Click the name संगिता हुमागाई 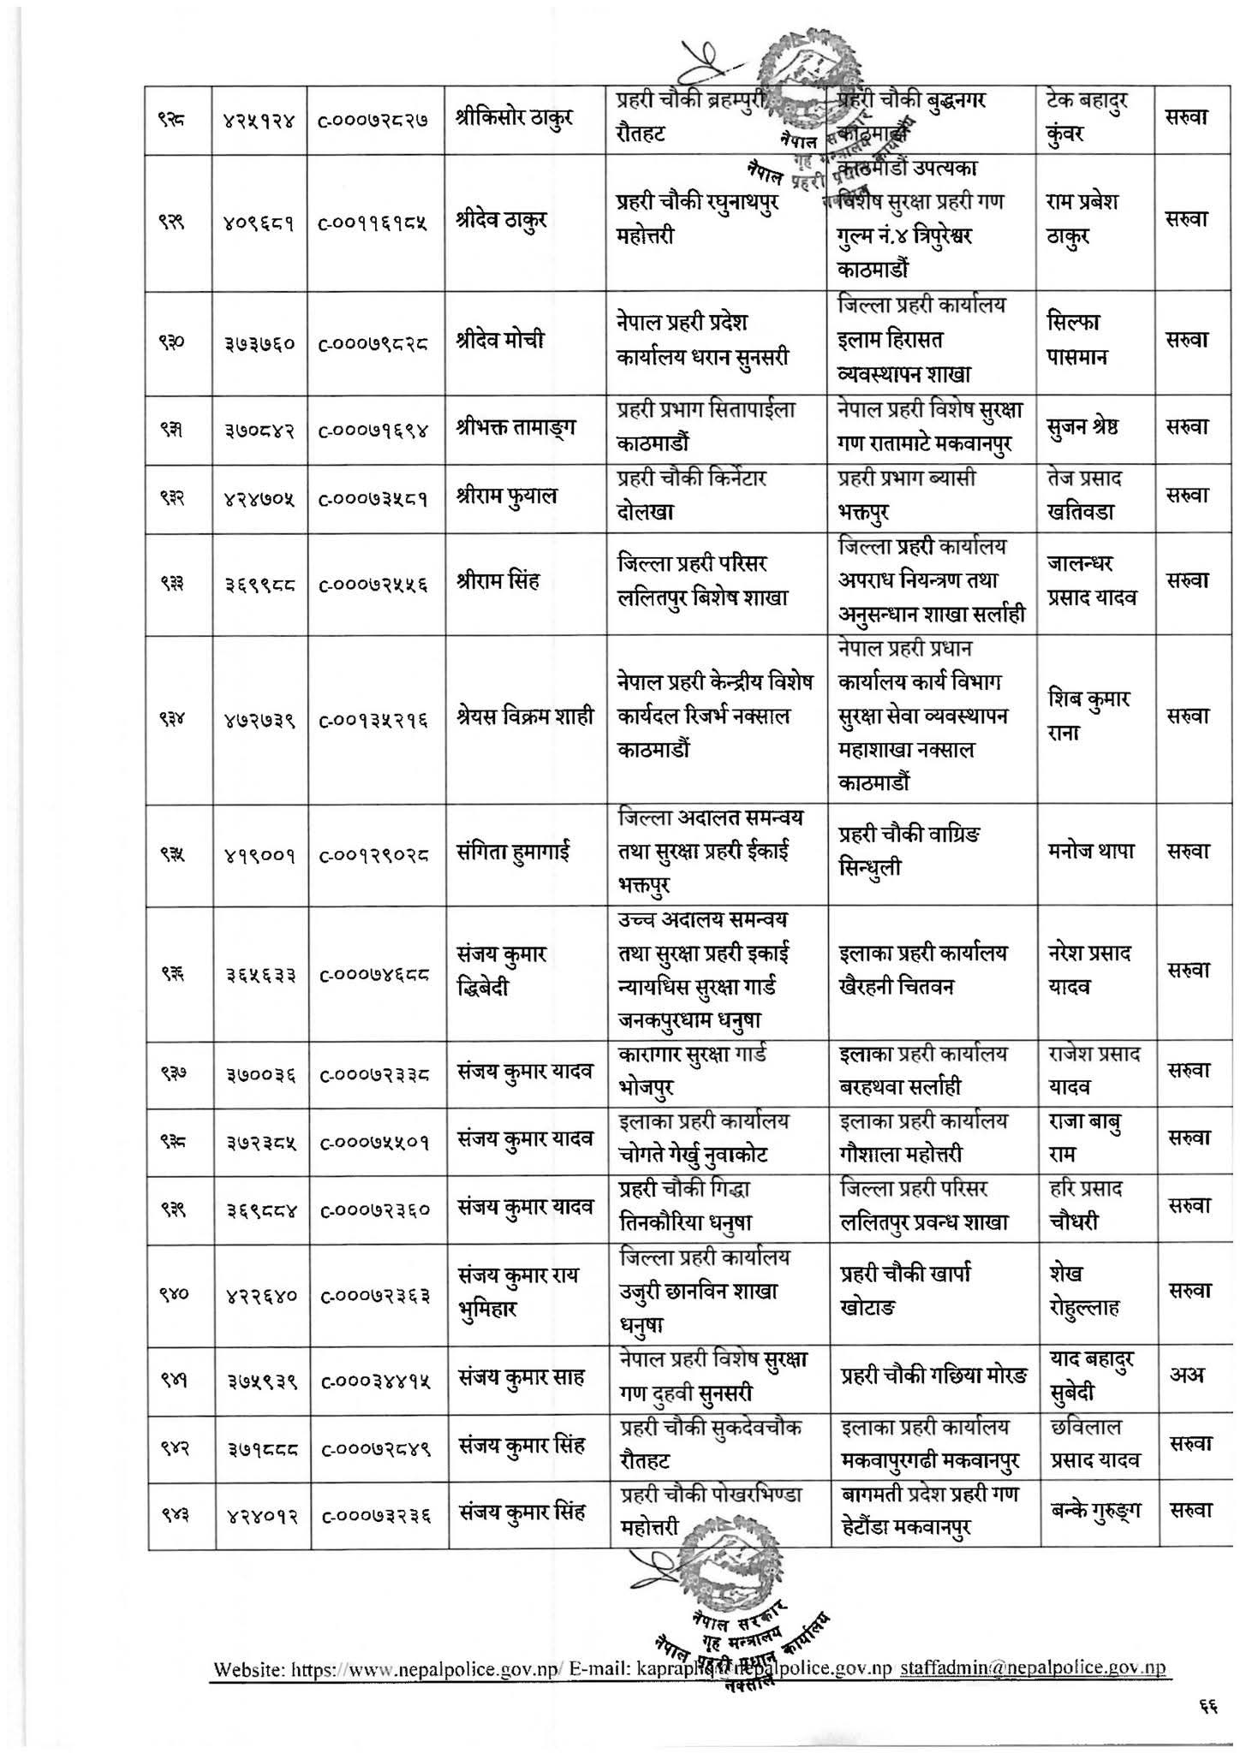[x=514, y=853]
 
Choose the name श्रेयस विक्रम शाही [x=525, y=717]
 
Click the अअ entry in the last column [x=1187, y=1376]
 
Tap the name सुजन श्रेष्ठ [x=1088, y=428]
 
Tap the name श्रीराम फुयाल [x=507, y=496]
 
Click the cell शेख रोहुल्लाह [x=1083, y=1292]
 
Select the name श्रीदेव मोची [x=501, y=342]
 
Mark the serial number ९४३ [x=179, y=1514]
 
